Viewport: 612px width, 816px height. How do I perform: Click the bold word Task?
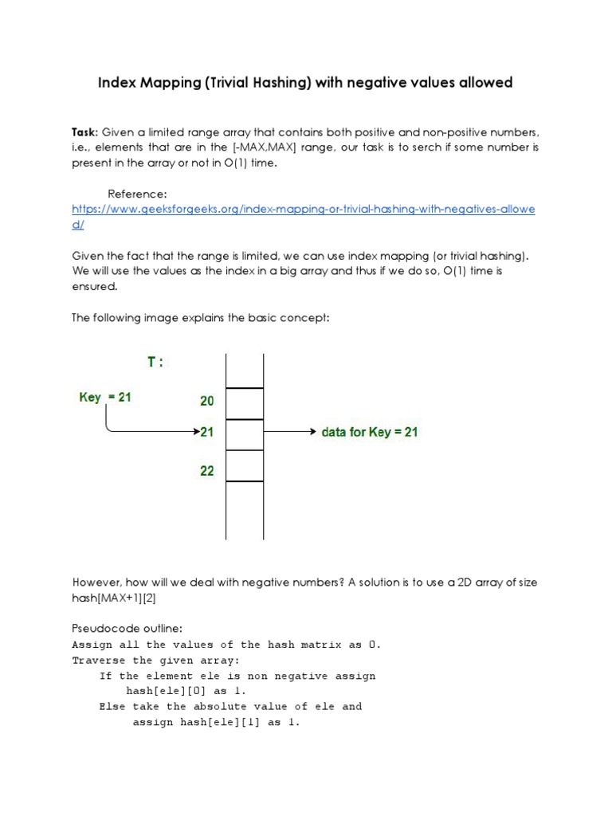[x=84, y=131]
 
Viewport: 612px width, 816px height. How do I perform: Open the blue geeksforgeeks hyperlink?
[x=303, y=209]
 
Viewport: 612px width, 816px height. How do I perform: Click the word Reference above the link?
[x=136, y=194]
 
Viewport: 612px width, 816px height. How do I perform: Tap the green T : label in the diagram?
[x=155, y=362]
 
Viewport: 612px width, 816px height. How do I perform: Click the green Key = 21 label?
[x=105, y=397]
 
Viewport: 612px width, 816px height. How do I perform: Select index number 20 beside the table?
[x=207, y=402]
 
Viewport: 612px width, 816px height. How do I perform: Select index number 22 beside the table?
[x=207, y=471]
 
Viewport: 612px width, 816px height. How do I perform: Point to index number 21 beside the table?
[x=207, y=432]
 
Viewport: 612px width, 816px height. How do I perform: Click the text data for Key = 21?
[x=369, y=433]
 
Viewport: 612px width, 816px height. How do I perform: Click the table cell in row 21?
[x=245, y=434]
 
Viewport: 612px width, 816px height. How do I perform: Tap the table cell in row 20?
[x=245, y=403]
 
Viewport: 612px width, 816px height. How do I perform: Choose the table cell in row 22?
[x=245, y=466]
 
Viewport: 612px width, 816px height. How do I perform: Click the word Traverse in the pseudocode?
[x=99, y=661]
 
